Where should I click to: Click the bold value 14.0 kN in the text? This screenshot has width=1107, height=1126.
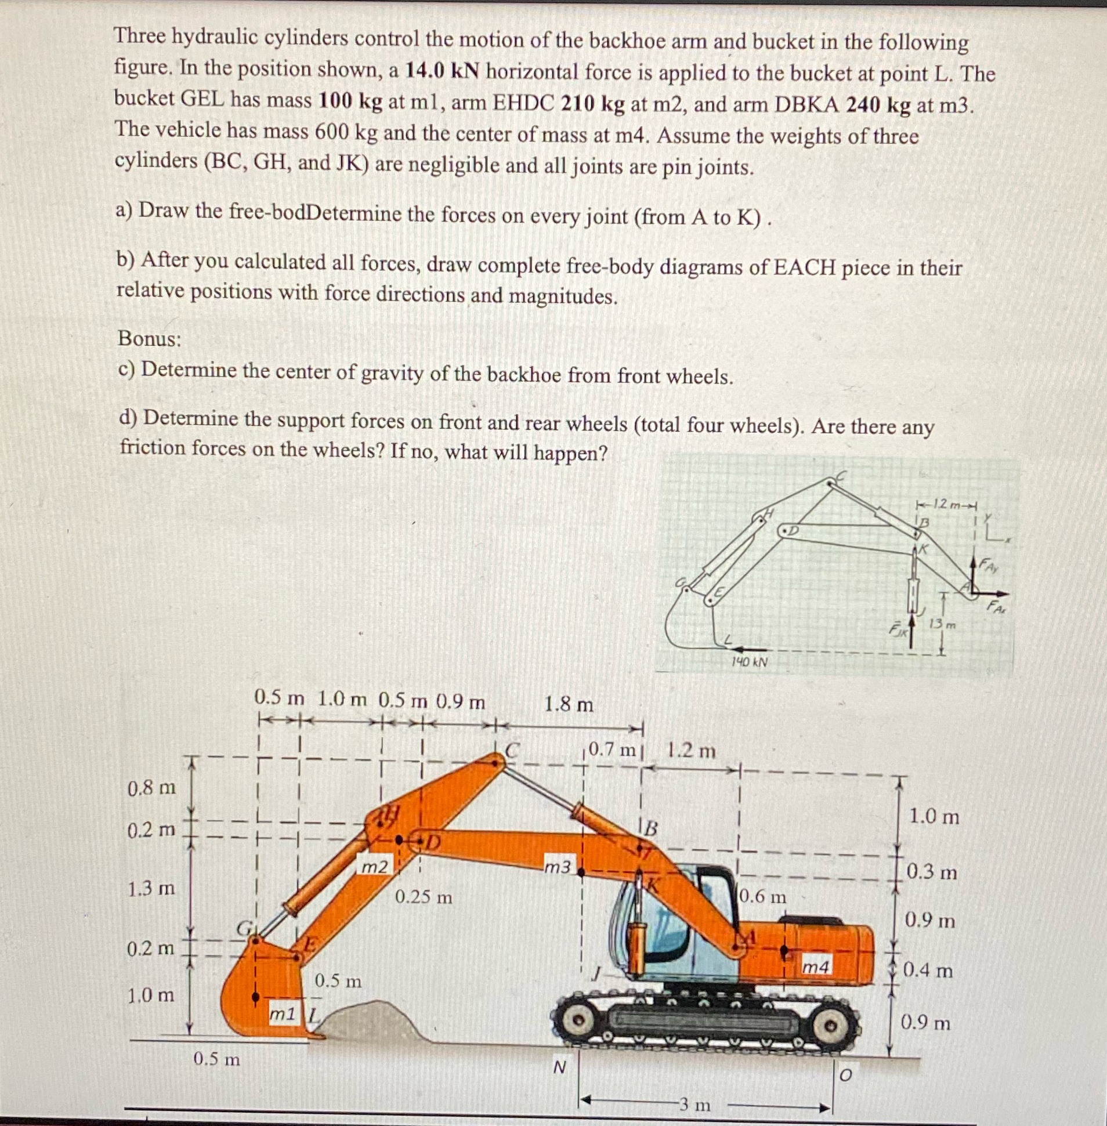tap(442, 71)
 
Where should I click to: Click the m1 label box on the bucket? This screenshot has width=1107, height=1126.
tap(283, 1015)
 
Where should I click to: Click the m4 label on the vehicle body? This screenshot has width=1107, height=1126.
tap(816, 966)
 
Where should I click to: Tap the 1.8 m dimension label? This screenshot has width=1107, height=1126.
tap(569, 705)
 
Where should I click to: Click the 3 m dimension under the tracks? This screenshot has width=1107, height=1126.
tap(696, 1104)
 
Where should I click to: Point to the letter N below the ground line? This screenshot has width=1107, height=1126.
tap(559, 1067)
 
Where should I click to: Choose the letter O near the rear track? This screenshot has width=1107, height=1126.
tap(846, 1076)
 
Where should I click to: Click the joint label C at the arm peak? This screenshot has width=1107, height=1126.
tap(512, 750)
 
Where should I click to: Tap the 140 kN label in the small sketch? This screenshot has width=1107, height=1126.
tap(750, 661)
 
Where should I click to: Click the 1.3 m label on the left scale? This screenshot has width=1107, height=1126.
tap(151, 888)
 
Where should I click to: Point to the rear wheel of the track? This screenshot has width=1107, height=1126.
tap(833, 1027)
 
